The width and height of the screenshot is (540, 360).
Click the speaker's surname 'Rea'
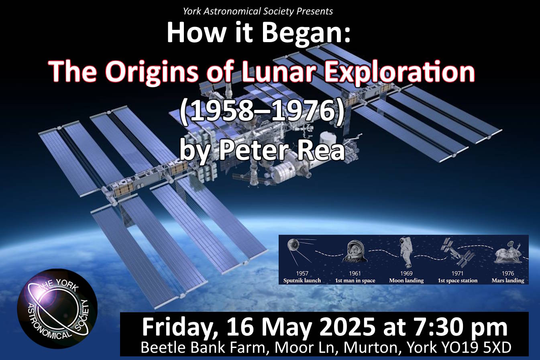[x=324, y=151]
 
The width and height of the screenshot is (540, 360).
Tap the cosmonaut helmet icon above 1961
[x=355, y=252]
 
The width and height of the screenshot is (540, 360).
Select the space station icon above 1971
[x=457, y=251]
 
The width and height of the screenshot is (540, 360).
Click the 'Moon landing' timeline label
[x=406, y=281]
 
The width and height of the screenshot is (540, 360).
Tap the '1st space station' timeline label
[x=457, y=281]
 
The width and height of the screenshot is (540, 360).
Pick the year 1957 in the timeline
[x=302, y=274]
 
